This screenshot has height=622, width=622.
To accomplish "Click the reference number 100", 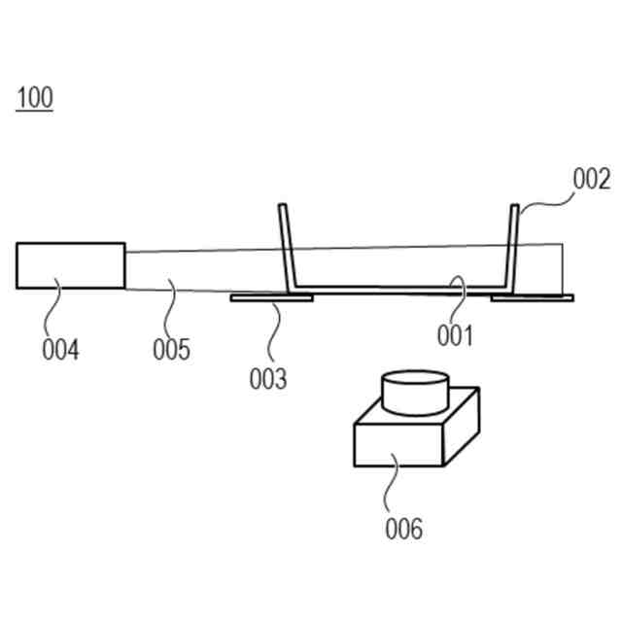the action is point(34,98).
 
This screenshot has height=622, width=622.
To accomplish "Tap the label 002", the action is point(591,180).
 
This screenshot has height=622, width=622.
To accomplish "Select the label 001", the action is point(454,335).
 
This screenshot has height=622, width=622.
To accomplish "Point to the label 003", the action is point(268,379).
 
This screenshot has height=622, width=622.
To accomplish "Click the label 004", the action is point(60,349).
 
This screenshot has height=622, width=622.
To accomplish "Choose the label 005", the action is point(171,349).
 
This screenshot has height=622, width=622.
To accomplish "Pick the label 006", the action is point(403,529).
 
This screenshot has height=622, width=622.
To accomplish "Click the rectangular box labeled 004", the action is point(70,265).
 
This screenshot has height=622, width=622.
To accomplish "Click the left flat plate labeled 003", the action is point(270,298).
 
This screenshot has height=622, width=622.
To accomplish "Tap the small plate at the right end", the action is point(533,297).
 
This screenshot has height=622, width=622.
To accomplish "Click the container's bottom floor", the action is point(398,288).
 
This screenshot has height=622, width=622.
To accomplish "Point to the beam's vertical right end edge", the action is point(562,268).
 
